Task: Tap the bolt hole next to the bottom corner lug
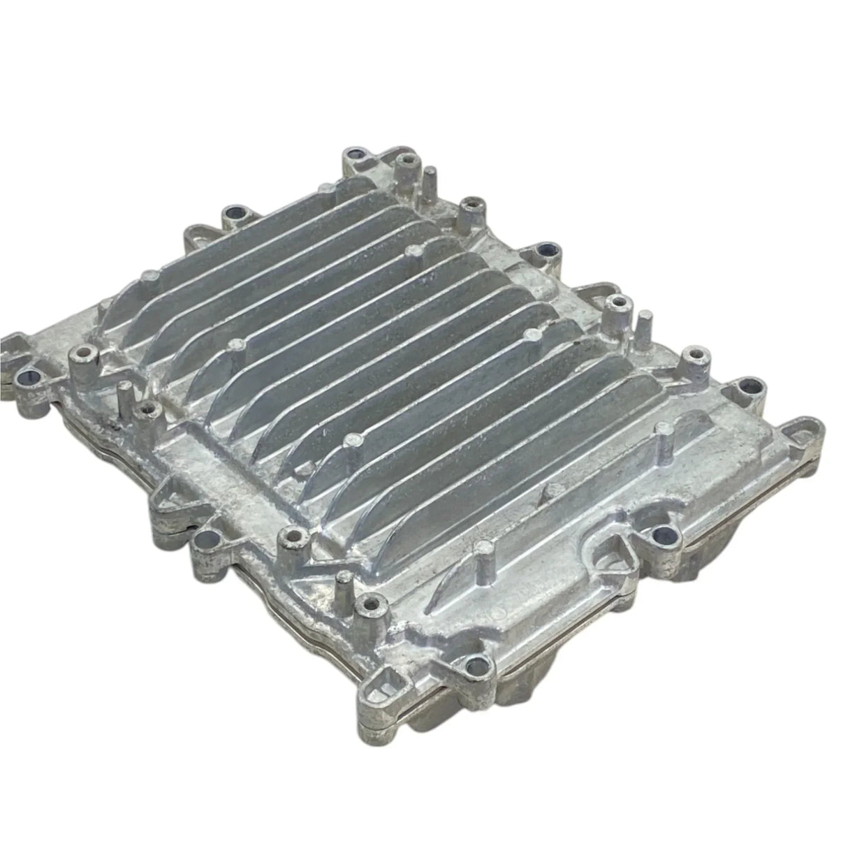pos(477,664)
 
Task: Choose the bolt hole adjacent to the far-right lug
pos(748,386)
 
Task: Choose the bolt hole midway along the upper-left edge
pos(233,213)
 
